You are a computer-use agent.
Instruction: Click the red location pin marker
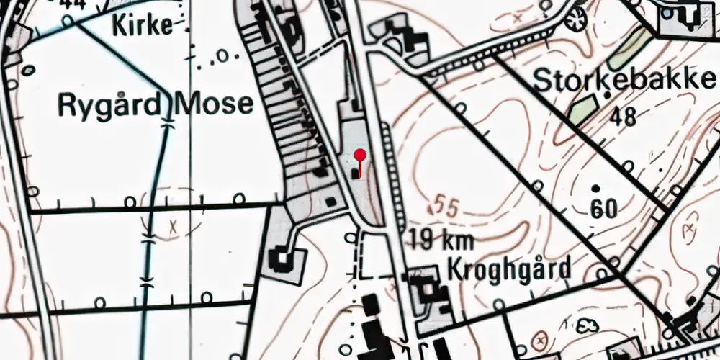tap(361, 154)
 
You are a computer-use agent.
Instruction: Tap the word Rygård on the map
tap(108, 104)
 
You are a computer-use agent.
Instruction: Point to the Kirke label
tap(143, 26)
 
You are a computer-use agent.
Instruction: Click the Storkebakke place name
tap(625, 80)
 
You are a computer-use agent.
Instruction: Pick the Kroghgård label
tap(509, 269)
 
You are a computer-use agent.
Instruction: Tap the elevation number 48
tap(622, 116)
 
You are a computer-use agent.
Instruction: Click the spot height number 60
tap(603, 210)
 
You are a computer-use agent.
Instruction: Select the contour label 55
tap(446, 207)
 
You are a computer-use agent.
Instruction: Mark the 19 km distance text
tap(442, 240)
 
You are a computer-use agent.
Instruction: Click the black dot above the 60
tap(596, 189)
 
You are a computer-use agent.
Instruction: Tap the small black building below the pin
tap(355, 174)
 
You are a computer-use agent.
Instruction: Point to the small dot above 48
tap(608, 94)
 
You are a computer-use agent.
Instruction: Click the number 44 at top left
tap(73, 4)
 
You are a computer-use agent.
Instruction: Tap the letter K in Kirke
tap(118, 26)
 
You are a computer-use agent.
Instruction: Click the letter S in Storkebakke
tap(541, 80)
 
